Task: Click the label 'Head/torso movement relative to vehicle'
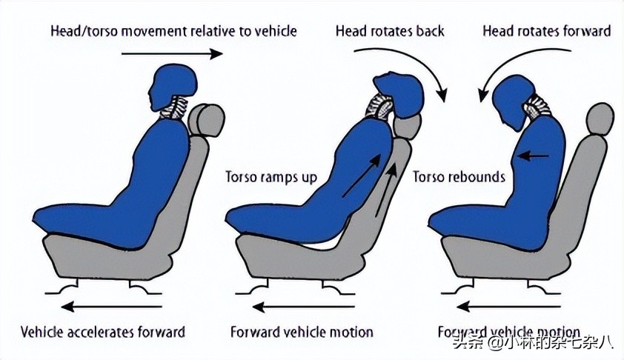(x=173, y=31)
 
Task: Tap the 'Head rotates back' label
(x=390, y=31)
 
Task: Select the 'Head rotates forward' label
(x=546, y=31)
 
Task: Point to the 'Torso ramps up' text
(x=270, y=178)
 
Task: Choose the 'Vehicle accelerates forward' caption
(x=103, y=331)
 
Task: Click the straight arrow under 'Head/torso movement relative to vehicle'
(x=172, y=53)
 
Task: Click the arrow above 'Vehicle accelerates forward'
(x=112, y=304)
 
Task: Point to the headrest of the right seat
(x=600, y=119)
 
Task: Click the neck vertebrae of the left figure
(x=177, y=110)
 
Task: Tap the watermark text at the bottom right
(x=540, y=342)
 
